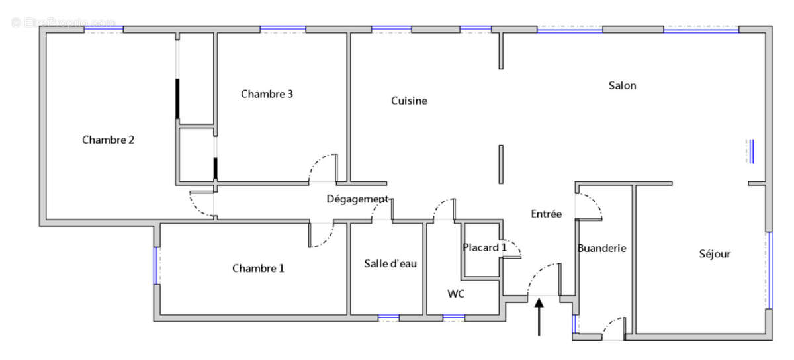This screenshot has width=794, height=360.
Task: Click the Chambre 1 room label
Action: (258, 268)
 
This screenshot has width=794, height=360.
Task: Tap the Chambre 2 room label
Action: (109, 140)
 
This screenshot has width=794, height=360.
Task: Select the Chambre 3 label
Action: (267, 94)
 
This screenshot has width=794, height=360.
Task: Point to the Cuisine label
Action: (409, 101)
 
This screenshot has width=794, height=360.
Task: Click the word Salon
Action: (622, 85)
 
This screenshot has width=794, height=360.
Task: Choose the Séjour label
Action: (715, 253)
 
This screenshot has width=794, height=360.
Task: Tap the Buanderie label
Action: (601, 248)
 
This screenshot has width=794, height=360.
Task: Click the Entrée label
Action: (546, 214)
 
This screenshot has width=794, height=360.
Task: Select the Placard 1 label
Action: (484, 247)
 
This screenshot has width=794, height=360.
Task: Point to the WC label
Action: (456, 294)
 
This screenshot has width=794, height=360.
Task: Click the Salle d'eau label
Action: (390, 263)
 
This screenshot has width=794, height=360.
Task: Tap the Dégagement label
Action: (357, 199)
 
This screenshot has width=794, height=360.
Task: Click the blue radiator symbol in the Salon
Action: (750, 151)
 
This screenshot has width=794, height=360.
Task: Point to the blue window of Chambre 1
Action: (156, 265)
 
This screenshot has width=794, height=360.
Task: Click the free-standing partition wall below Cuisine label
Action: (501, 164)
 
